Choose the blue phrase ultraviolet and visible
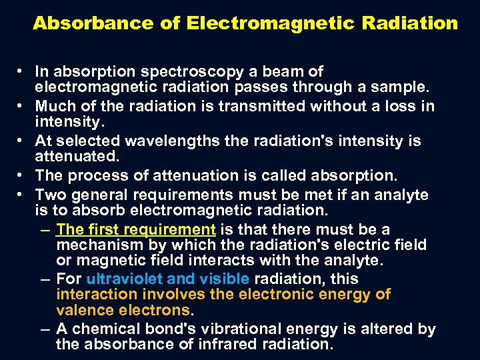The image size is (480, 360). pyautogui.click(x=167, y=279)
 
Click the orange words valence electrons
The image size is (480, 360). pyautogui.click(x=123, y=310)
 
